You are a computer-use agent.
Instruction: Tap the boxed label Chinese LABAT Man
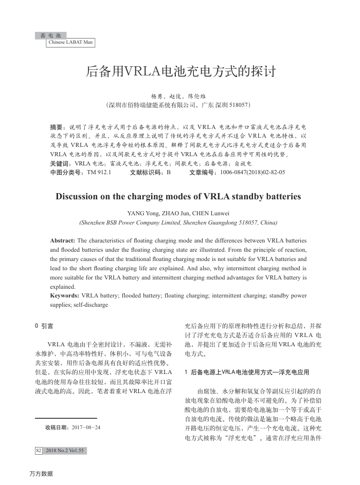pyautogui.click(x=70, y=43)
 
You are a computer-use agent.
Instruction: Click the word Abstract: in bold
pyautogui.click(x=62, y=240)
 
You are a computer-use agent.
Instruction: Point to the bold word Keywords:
pyautogui.click(x=65, y=296)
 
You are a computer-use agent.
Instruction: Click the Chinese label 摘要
pyautogui.click(x=57, y=126)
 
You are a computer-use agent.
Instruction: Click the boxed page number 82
pyautogui.click(x=39, y=451)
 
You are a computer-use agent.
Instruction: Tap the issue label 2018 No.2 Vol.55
pyautogui.click(x=64, y=451)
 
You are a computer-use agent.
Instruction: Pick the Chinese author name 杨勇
pyautogui.click(x=156, y=96)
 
